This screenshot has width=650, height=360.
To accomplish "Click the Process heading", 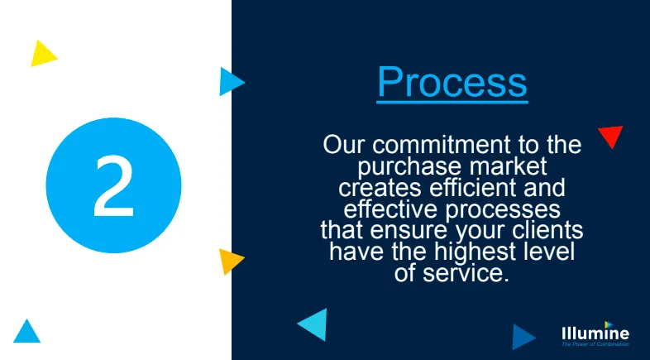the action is (452, 82).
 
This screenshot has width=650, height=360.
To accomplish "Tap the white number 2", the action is (113, 186).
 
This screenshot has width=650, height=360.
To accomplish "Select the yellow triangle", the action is (43, 54).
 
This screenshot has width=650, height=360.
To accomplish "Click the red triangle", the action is (611, 136).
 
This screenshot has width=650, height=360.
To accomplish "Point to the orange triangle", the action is (231, 261).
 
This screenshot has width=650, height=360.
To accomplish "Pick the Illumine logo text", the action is (595, 334).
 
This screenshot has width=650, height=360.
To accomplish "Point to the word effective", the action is (390, 209).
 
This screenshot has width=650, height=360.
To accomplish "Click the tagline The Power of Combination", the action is (595, 344).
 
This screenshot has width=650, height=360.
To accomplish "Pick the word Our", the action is (343, 145).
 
